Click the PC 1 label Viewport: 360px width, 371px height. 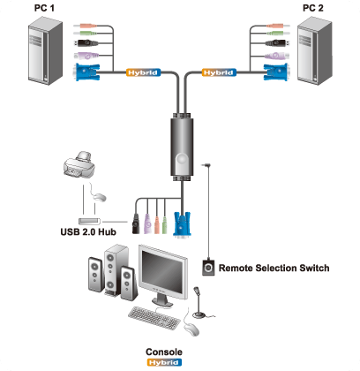click(44, 8)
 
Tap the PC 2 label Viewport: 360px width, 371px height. click(313, 8)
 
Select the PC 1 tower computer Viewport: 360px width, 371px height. click(45, 51)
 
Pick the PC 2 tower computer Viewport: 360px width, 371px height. click(315, 51)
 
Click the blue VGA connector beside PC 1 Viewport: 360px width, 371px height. click(87, 72)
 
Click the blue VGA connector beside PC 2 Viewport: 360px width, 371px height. click(275, 72)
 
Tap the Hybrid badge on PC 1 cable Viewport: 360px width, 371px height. click(144, 72)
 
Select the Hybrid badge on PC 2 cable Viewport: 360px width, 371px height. click(219, 72)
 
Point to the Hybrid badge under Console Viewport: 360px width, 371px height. click(164, 362)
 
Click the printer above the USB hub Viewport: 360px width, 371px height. click(79, 165)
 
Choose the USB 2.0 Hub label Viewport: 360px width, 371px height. click(88, 232)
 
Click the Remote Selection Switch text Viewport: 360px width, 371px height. click(274, 269)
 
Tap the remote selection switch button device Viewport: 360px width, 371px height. click(208, 268)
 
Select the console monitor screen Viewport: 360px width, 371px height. click(162, 272)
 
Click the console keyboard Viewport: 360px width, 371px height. click(154, 318)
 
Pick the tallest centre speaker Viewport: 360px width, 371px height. click(116, 269)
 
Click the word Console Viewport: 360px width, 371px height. click(164, 352)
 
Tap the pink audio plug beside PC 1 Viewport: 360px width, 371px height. click(86, 26)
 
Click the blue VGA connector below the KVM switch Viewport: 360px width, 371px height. click(183, 224)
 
